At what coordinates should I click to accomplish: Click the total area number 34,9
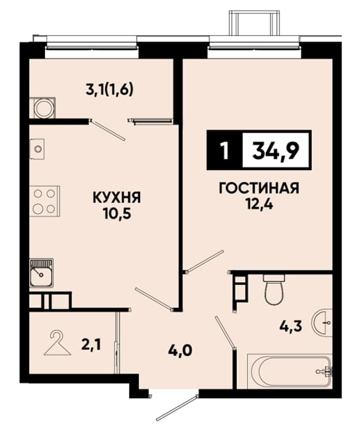click(x=276, y=151)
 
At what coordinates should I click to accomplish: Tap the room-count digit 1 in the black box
click(x=225, y=151)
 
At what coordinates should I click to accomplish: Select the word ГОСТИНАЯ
click(x=259, y=188)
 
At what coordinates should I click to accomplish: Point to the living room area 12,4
click(x=260, y=204)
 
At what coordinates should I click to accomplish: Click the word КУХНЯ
click(x=117, y=198)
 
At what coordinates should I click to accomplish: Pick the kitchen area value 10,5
click(x=117, y=214)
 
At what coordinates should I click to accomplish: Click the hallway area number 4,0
click(x=180, y=350)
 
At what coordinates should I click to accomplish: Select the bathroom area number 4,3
click(x=290, y=326)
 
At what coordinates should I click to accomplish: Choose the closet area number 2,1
click(x=90, y=345)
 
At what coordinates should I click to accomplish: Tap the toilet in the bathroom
click(x=274, y=289)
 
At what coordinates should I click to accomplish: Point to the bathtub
click(x=290, y=372)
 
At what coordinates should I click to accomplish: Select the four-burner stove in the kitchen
click(x=44, y=201)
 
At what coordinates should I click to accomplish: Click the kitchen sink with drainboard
click(x=41, y=273)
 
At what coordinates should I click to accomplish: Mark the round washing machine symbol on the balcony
click(x=44, y=108)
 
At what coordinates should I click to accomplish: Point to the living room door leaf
click(x=204, y=261)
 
